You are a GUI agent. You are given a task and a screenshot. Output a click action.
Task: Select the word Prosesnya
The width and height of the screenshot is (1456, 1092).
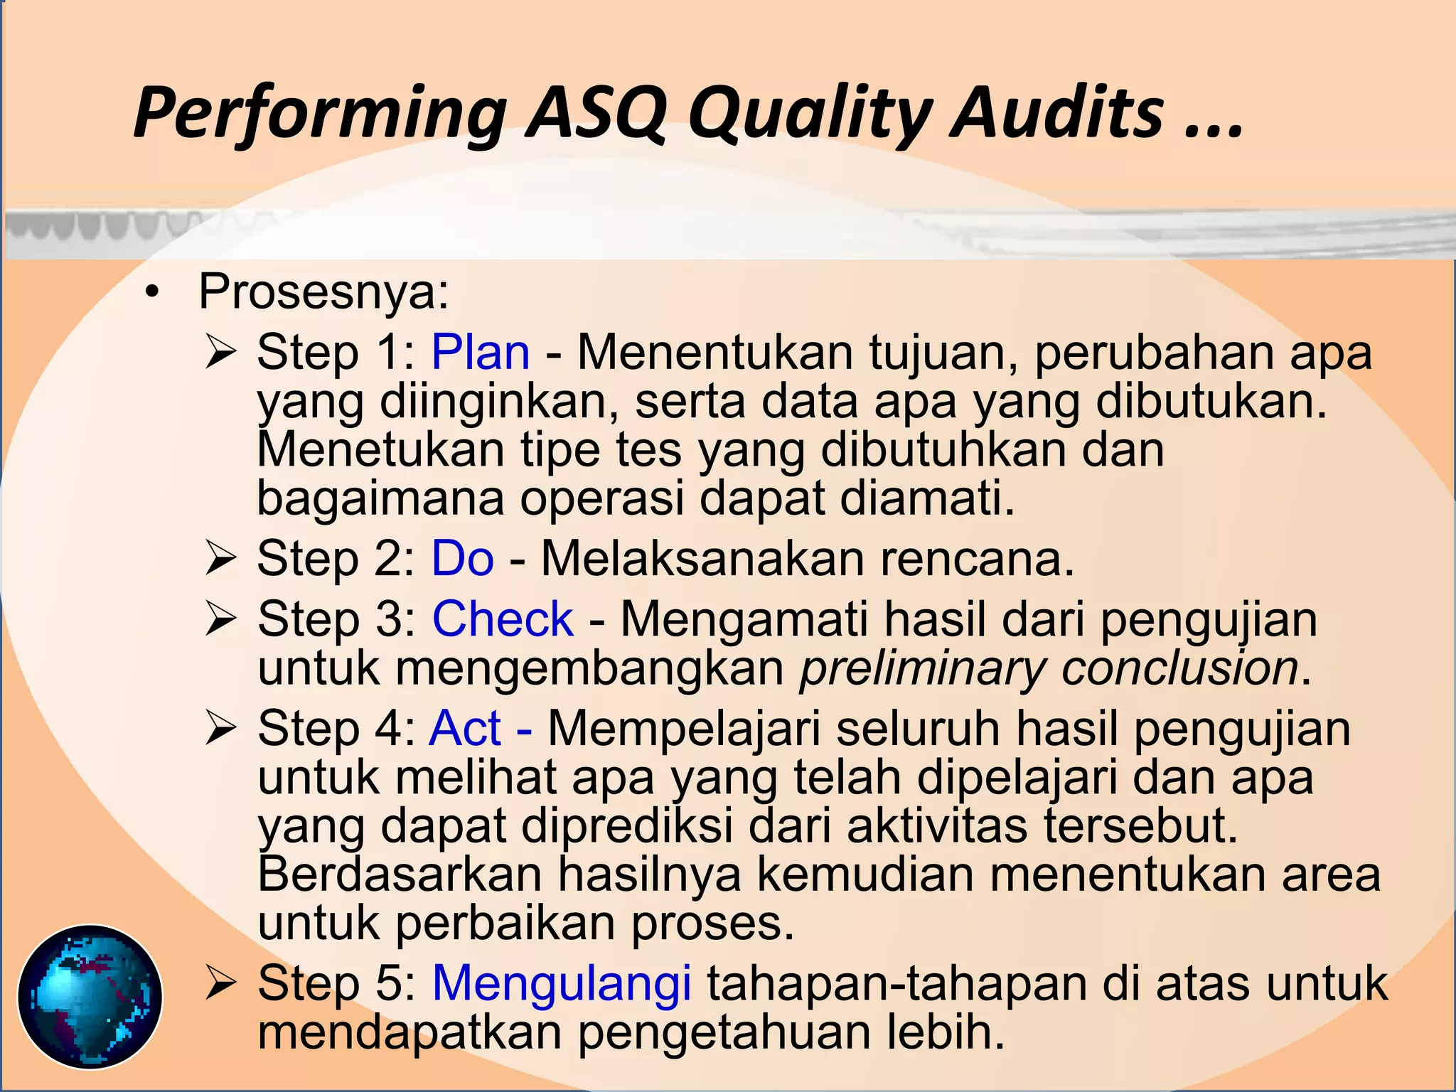pos(323,291)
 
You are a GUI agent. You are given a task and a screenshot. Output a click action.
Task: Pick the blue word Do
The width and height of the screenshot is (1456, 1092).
pos(463,558)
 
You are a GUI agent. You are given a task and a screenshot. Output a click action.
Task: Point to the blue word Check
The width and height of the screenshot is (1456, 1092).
pos(503,619)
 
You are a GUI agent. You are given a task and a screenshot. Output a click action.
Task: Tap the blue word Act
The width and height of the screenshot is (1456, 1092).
pos(466,728)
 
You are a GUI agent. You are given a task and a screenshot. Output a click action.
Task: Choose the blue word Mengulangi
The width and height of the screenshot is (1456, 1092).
pos(562,983)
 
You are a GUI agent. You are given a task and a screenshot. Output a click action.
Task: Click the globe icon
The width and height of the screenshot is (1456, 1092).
pos(90,996)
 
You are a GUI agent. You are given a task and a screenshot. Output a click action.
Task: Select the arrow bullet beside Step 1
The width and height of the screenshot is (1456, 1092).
pos(220,353)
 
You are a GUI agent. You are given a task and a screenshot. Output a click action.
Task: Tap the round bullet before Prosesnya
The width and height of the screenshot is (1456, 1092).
pos(151,293)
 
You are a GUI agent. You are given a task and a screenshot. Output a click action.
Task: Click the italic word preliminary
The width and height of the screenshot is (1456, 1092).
pos(923,668)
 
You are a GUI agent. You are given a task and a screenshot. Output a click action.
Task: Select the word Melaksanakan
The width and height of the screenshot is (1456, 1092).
pos(702,558)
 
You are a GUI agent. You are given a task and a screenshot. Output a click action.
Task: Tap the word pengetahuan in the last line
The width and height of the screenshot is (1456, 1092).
pos(724,1032)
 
